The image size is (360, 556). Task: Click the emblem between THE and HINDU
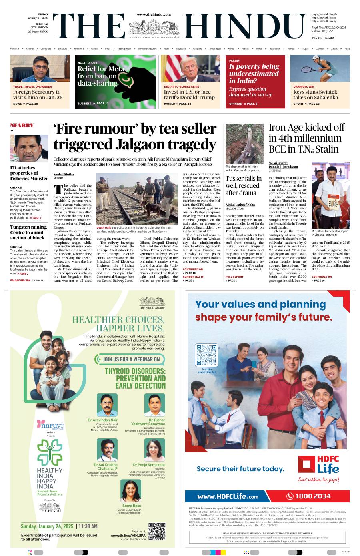pyautogui.click(x=154, y=27)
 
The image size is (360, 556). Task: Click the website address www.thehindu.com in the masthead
pyautogui.click(x=154, y=14)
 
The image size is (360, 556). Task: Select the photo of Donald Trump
pyautogui.click(x=190, y=68)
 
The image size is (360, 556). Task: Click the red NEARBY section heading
pyautogui.click(x=22, y=125)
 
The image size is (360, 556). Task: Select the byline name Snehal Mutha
pyautogui.click(x=64, y=174)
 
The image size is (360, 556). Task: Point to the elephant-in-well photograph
pyautogui.click(x=244, y=144)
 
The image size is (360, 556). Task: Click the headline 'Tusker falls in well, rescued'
pyautogui.click(x=244, y=185)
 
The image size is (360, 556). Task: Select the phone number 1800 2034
pyautogui.click(x=313, y=496)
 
